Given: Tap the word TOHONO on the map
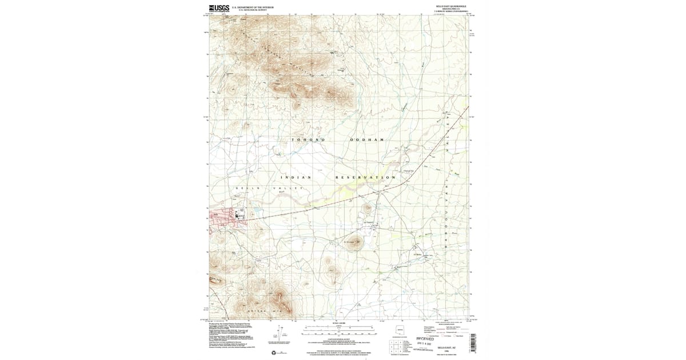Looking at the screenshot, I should coord(309,140).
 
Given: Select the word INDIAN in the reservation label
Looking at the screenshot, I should coord(296,178).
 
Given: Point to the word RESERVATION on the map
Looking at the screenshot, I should coord(366,178).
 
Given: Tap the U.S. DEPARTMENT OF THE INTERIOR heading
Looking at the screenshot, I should coord(253,7).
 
